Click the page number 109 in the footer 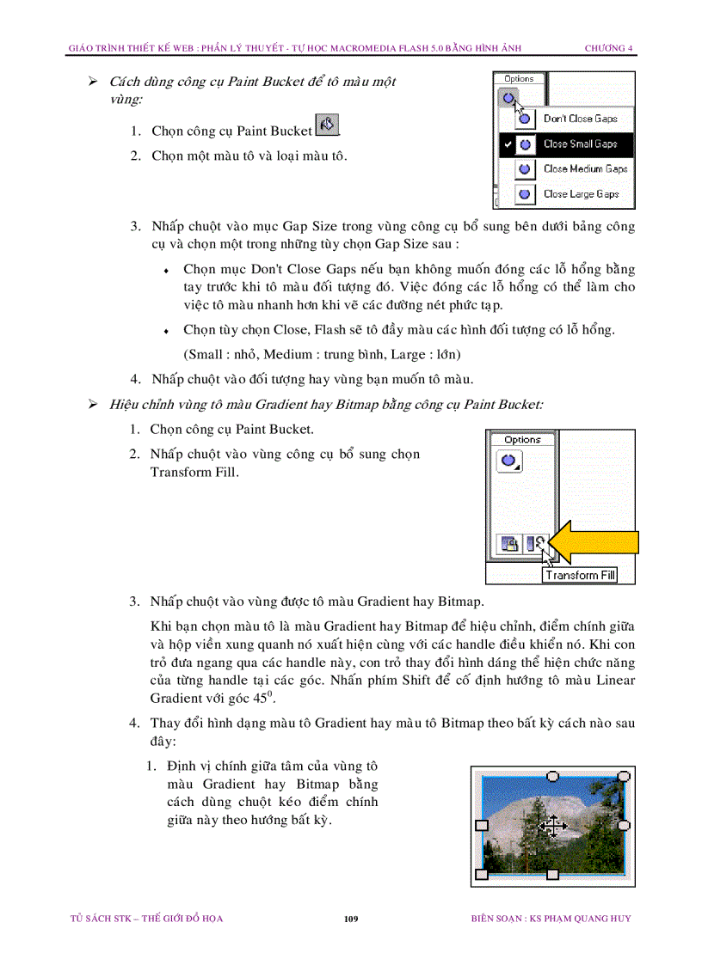coord(350,919)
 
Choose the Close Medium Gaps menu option coord(584,169)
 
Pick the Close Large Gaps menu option coord(580,194)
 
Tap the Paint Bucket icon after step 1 coord(327,125)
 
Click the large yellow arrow coord(597,543)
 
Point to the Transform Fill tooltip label coord(580,575)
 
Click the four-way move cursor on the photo coord(551,827)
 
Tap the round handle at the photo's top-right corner coord(625,776)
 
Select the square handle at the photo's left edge coord(482,825)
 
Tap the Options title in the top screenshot coord(519,79)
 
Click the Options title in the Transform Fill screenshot coord(522,440)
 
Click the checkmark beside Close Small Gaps coord(508,144)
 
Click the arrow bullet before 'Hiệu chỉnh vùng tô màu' coord(93,404)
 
